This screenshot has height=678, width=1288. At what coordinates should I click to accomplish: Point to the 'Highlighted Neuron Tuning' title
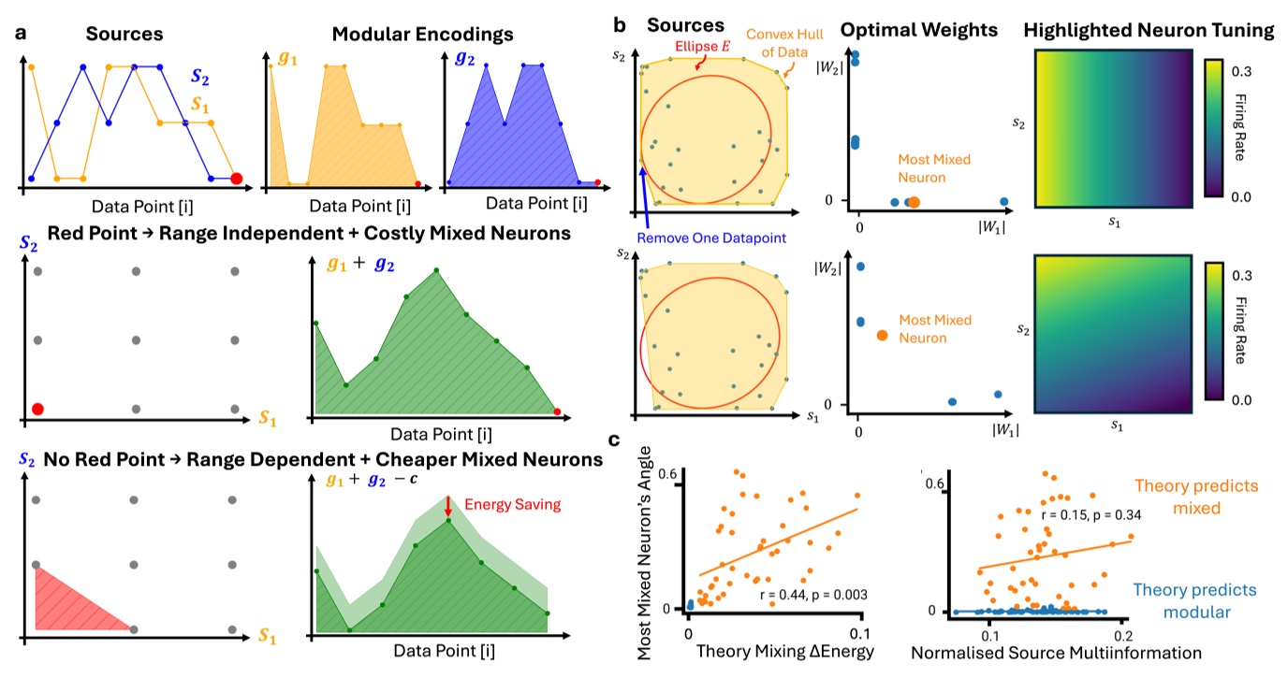(x=1149, y=30)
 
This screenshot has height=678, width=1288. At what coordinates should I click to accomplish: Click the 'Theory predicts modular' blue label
(x=1190, y=600)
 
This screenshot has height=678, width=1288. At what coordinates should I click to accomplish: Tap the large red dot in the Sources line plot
(x=236, y=179)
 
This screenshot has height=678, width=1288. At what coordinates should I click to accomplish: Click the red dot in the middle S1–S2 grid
(x=37, y=409)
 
